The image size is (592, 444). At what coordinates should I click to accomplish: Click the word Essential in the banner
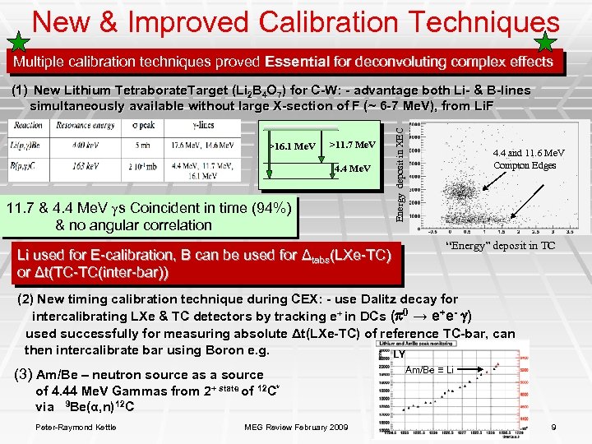[304, 62]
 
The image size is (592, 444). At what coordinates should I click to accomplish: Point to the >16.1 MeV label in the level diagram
[293, 146]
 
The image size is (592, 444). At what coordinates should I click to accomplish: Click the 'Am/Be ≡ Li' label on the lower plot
[429, 370]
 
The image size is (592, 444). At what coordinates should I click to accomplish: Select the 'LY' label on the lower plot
[400, 354]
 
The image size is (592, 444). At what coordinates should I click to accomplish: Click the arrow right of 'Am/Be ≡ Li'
[476, 370]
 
